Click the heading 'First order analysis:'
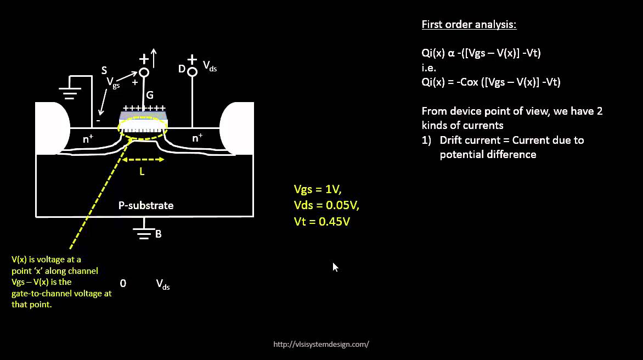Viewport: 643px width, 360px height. coord(469,25)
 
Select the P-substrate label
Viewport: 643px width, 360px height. coord(146,206)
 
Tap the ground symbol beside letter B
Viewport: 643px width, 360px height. coord(144,233)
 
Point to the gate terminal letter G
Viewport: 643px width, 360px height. coord(149,95)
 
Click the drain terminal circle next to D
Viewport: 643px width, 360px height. coord(192,72)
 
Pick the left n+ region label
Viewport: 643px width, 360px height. coord(88,139)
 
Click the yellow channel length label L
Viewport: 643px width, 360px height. coord(142,172)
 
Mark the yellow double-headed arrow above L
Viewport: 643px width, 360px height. coord(143,160)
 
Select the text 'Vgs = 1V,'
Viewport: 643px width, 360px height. coord(318,189)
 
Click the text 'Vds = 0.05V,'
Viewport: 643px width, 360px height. coord(326,205)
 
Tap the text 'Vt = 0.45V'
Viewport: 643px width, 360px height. coord(322,222)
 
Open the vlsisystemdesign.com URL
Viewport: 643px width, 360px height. coord(321,345)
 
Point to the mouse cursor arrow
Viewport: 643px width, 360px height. coord(335,267)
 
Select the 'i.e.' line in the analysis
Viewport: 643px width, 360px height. coord(428,68)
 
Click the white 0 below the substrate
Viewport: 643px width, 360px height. coord(123,283)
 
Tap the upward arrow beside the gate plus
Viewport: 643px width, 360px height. coord(154,58)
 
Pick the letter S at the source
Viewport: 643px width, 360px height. coord(104,70)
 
